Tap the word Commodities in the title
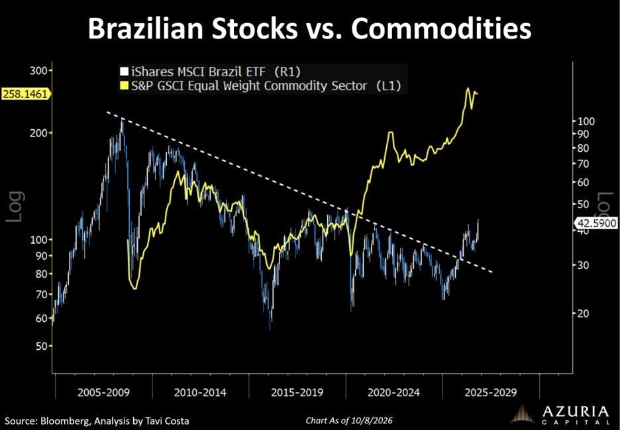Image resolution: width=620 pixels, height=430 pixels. click(441, 28)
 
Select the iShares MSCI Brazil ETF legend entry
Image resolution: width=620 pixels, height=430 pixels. click(211, 72)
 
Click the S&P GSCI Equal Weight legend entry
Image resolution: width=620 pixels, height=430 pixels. click(260, 86)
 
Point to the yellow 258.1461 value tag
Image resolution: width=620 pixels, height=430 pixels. click(26, 94)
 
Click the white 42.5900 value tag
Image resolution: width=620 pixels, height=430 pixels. click(596, 223)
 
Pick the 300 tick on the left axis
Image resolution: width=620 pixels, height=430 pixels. click(38, 71)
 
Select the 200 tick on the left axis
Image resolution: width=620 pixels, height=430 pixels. click(38, 133)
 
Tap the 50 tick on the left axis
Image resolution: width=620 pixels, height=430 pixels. click(40, 346)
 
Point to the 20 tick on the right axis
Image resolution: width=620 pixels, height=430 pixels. click(584, 313)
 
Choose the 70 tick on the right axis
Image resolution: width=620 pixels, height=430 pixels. click(584, 164)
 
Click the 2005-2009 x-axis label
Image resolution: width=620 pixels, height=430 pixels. click(103, 392)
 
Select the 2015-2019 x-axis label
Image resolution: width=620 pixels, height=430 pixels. click(297, 392)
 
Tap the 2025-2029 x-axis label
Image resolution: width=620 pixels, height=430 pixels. click(490, 392)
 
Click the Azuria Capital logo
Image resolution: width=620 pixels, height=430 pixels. click(560, 414)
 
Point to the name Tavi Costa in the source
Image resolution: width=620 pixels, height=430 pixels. click(166, 421)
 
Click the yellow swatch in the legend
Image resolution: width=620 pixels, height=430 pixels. click(125, 86)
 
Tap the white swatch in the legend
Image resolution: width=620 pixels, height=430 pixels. click(125, 72)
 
